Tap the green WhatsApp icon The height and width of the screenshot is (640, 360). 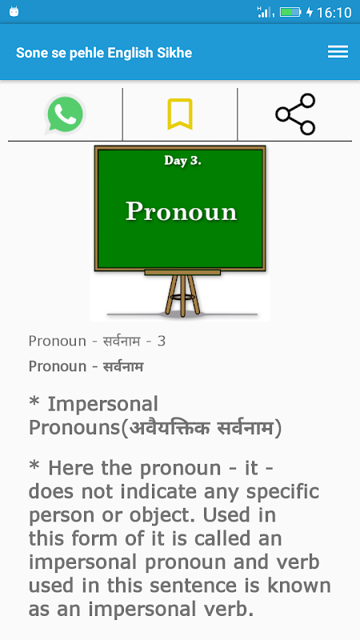[65, 114]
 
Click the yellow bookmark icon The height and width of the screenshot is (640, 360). [179, 114]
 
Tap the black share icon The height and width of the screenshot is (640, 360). [295, 114]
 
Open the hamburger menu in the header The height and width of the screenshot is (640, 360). [338, 52]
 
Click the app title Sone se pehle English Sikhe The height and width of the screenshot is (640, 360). [104, 53]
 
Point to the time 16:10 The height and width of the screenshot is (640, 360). [334, 13]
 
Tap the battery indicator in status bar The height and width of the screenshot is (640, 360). [290, 12]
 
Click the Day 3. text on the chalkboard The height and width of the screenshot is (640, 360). [182, 161]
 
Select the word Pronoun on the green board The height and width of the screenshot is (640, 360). [181, 211]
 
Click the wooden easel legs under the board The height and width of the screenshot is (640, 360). [182, 294]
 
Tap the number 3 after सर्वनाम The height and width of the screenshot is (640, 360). [162, 342]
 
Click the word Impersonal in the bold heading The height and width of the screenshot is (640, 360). [103, 405]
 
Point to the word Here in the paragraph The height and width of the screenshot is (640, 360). [72, 468]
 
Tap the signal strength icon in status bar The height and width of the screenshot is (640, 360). [266, 12]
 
